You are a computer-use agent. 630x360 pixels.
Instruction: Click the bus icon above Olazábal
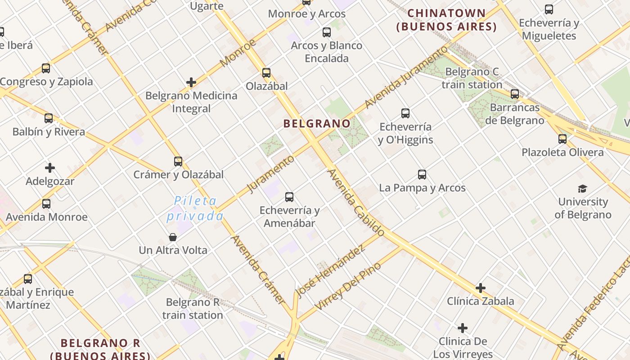click(x=266, y=72)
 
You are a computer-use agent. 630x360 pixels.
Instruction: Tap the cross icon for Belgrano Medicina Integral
click(x=191, y=82)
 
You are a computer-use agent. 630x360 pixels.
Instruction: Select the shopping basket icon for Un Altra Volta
click(x=173, y=237)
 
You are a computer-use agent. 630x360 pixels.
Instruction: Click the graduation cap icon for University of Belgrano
click(x=583, y=189)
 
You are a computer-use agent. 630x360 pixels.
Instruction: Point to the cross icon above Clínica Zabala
click(x=481, y=288)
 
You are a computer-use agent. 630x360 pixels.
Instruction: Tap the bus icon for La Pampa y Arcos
click(x=422, y=175)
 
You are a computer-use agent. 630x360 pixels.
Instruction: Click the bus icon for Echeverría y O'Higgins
click(x=405, y=113)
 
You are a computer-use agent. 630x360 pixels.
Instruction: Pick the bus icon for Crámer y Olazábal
click(x=178, y=162)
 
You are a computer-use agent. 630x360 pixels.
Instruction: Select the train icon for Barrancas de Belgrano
click(x=515, y=94)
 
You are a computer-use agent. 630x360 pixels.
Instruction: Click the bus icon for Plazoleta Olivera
click(x=562, y=139)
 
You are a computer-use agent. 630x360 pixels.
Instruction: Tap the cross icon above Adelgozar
click(x=50, y=168)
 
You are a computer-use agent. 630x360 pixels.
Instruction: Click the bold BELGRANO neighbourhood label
click(x=317, y=123)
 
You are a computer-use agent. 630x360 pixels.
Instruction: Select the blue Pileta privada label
click(x=195, y=208)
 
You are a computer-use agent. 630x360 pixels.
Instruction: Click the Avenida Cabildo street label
click(x=356, y=202)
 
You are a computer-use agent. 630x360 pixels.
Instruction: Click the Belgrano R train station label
click(x=193, y=308)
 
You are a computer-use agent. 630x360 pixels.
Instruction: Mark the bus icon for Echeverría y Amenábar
click(x=289, y=197)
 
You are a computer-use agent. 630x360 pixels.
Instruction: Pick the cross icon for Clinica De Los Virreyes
click(x=463, y=328)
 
